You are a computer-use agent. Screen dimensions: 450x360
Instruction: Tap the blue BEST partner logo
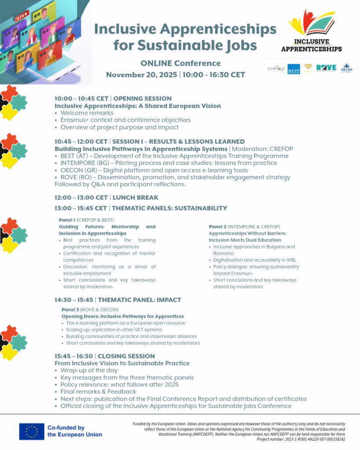tap(294, 69)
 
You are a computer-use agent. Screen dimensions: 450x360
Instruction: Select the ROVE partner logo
tap(326, 68)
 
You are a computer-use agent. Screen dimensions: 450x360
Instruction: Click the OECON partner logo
tap(346, 68)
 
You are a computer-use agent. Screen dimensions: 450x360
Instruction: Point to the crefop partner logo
tap(276, 69)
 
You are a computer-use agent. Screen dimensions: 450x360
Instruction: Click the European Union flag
tap(32, 431)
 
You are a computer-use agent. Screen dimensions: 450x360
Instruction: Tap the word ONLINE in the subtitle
tap(156, 63)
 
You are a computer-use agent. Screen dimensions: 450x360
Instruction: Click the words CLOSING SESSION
tap(126, 356)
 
